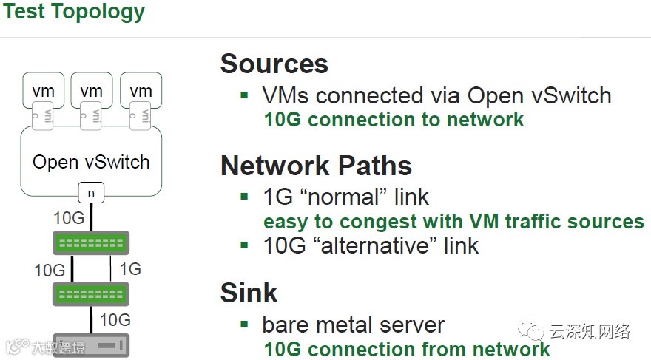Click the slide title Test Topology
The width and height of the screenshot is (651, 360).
click(x=73, y=12)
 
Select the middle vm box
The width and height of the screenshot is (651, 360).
click(x=91, y=91)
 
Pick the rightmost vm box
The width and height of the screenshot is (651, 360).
click(x=141, y=91)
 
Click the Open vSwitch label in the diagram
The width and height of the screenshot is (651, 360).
click(x=91, y=162)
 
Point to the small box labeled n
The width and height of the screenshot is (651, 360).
click(x=91, y=194)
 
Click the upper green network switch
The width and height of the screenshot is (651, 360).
click(x=91, y=243)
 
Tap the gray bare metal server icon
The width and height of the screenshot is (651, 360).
click(x=91, y=345)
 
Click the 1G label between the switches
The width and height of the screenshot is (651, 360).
click(x=129, y=269)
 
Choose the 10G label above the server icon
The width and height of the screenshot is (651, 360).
click(x=115, y=320)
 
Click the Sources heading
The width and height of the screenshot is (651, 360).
click(x=274, y=64)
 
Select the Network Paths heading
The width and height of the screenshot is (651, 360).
click(x=316, y=166)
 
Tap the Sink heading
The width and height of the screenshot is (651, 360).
click(x=249, y=293)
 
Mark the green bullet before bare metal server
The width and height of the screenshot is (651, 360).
click(x=245, y=324)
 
